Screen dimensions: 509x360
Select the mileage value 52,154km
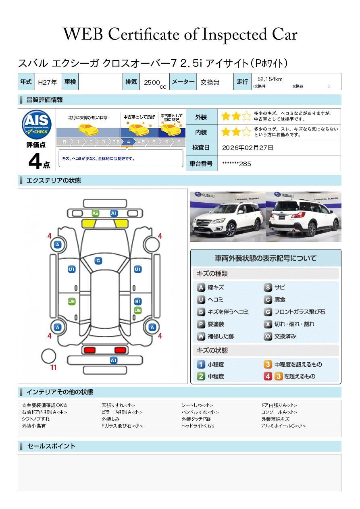click(270, 79)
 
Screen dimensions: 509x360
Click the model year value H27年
click(47, 82)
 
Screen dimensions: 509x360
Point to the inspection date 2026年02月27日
click(248, 148)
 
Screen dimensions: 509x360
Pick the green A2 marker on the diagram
click(96, 213)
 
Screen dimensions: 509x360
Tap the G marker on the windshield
click(98, 261)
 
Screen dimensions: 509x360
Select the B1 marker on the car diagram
click(137, 301)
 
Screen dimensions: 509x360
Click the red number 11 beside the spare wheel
click(53, 368)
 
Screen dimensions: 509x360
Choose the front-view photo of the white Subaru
click(227, 216)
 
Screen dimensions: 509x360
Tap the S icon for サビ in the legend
click(268, 288)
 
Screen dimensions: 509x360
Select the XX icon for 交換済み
click(268, 337)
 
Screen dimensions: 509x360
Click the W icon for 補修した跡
click(201, 337)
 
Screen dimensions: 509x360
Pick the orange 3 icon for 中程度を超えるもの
click(268, 365)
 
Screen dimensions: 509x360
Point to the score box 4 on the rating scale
click(128, 142)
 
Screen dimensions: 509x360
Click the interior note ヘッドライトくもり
click(198, 426)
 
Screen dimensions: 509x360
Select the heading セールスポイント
click(51, 446)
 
